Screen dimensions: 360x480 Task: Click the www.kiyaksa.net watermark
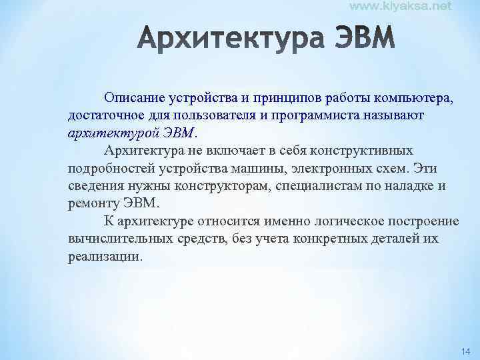point(400,6)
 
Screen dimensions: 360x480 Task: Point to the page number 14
point(465,351)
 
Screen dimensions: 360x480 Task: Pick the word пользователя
point(201,115)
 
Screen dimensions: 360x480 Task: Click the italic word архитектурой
point(109,133)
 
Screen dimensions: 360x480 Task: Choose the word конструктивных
point(356,150)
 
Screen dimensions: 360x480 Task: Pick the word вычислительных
point(113,238)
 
